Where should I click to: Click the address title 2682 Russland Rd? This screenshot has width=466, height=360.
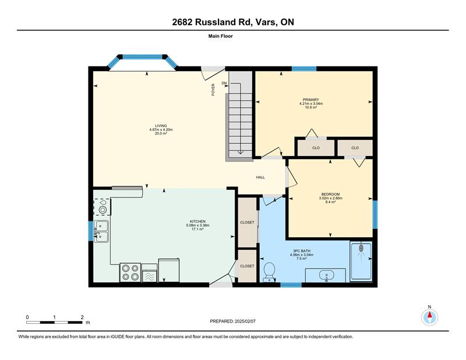[213, 22]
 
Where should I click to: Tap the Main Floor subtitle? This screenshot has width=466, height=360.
[221, 36]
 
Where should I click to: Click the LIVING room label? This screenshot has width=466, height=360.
[161, 126]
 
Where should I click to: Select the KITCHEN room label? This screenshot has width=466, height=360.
[197, 221]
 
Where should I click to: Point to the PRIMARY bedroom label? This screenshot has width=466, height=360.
[311, 100]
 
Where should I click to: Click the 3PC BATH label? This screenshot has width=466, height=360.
[302, 251]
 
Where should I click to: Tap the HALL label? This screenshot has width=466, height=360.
[260, 178]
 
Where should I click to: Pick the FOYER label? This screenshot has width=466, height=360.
[213, 90]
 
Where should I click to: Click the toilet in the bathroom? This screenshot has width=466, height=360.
[270, 271]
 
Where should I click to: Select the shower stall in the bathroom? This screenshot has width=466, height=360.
[361, 262]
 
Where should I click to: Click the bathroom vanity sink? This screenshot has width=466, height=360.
[326, 276]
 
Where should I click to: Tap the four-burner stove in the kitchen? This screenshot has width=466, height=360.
[130, 273]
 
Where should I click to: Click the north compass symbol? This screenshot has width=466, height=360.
[430, 317]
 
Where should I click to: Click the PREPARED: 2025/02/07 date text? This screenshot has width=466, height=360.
[232, 322]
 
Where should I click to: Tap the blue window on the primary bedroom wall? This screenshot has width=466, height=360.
[303, 69]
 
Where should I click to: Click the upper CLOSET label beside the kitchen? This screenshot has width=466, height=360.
[247, 223]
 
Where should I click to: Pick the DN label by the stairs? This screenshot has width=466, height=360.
[224, 83]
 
